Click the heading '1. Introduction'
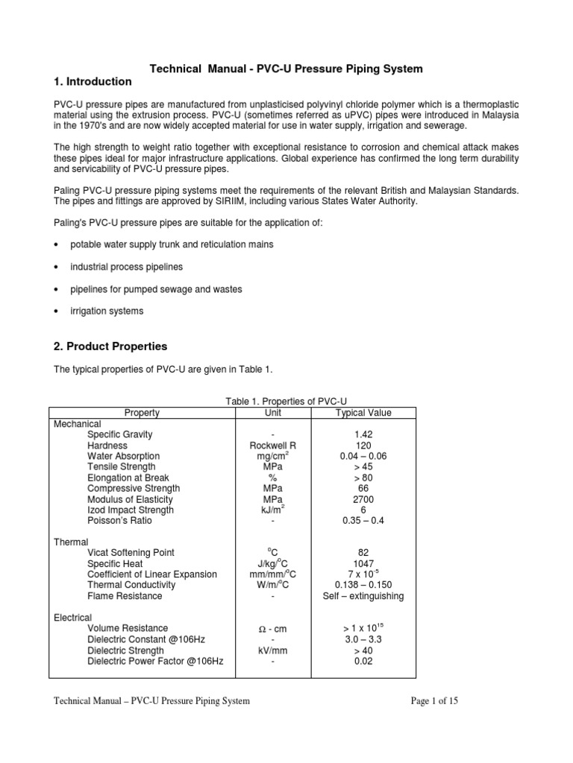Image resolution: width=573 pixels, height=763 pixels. click(93, 81)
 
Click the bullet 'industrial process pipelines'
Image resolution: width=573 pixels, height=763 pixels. click(126, 267)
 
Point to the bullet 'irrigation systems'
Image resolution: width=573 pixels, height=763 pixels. click(107, 311)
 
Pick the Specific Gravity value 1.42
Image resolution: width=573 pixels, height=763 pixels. click(363, 434)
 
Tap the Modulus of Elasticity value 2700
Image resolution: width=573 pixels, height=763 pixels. click(363, 499)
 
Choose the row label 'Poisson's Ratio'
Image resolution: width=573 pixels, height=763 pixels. click(119, 521)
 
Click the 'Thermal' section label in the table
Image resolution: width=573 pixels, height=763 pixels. click(72, 542)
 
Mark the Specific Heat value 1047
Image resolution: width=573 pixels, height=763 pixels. click(363, 564)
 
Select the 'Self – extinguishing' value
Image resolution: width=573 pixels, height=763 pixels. click(363, 596)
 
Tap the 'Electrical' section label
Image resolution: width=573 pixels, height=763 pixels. click(73, 618)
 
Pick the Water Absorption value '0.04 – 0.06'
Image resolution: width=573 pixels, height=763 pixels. click(363, 456)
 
